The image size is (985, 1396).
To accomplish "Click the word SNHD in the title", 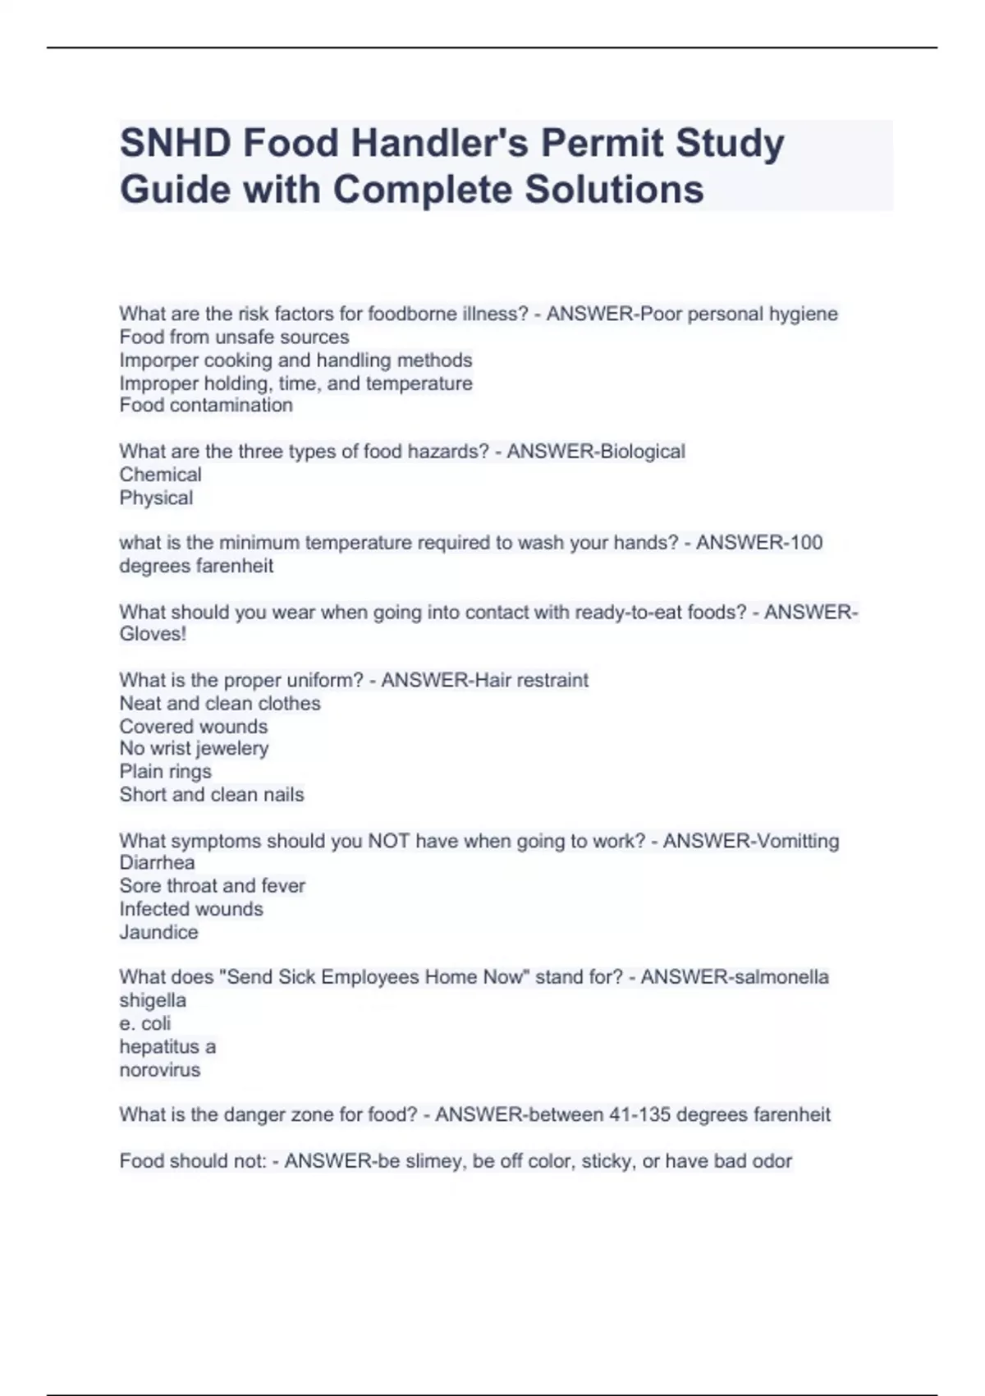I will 174,143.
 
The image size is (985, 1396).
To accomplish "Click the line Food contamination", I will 206,405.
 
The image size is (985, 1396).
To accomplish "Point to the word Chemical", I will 160,475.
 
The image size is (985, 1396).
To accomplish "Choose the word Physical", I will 156,498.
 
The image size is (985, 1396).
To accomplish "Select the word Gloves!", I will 153,634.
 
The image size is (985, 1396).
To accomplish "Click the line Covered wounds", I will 193,726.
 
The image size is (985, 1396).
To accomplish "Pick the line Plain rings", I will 165,771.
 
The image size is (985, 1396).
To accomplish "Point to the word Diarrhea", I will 157,862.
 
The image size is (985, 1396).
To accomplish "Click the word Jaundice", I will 158,932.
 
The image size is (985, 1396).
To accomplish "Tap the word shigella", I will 153,1000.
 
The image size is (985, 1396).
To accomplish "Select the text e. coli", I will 145,1023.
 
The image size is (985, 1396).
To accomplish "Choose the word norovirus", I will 159,1070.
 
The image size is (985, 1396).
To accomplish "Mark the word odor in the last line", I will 772,1161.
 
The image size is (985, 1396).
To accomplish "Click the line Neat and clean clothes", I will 219,703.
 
